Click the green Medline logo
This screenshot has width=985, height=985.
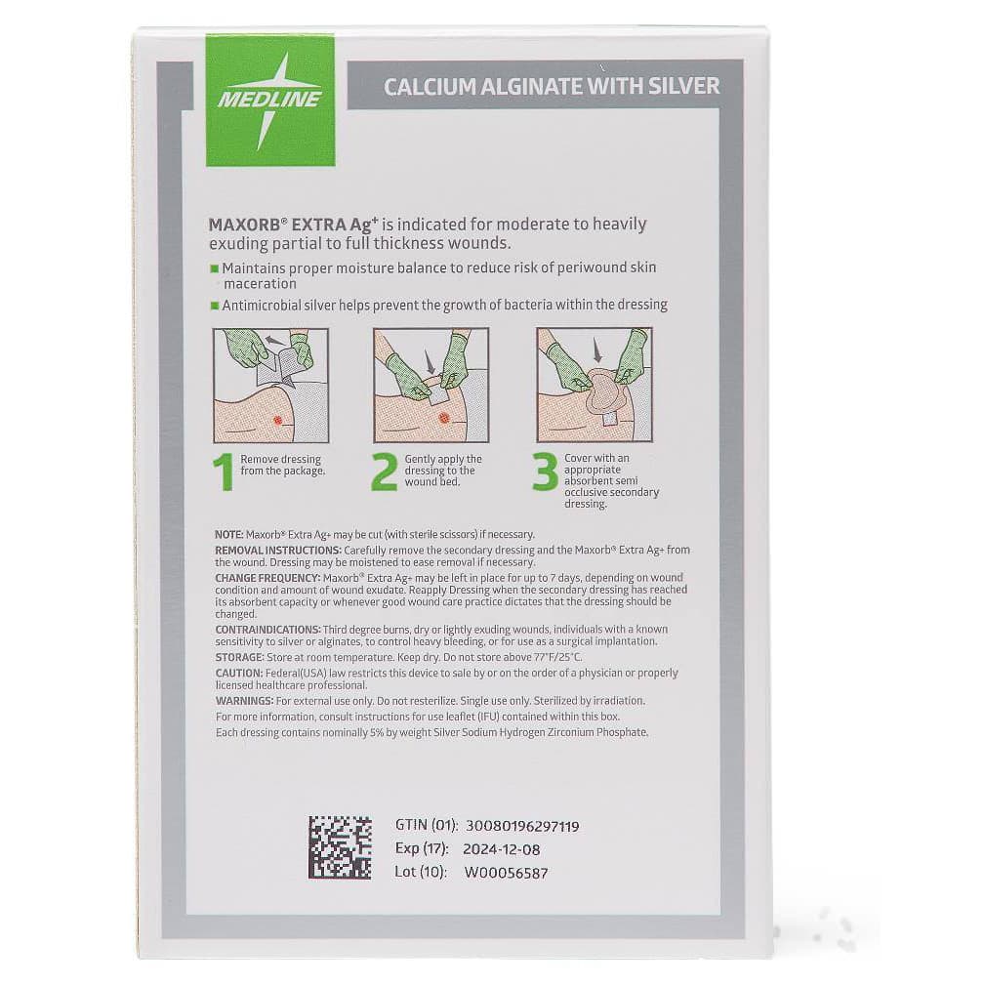[x=270, y=100]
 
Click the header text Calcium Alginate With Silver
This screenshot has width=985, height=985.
[x=552, y=86]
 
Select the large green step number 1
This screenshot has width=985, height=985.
[x=226, y=472]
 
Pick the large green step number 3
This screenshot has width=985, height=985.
[x=544, y=472]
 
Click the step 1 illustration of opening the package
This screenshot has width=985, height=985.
[x=270, y=386]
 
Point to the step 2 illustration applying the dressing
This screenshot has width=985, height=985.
[x=431, y=386]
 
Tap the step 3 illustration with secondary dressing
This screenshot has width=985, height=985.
[x=595, y=386]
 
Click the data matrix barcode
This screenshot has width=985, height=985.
[x=340, y=846]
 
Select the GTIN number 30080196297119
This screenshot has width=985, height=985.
[x=522, y=826]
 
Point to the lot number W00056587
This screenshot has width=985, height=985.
[x=506, y=873]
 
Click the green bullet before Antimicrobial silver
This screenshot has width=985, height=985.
[x=215, y=306]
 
